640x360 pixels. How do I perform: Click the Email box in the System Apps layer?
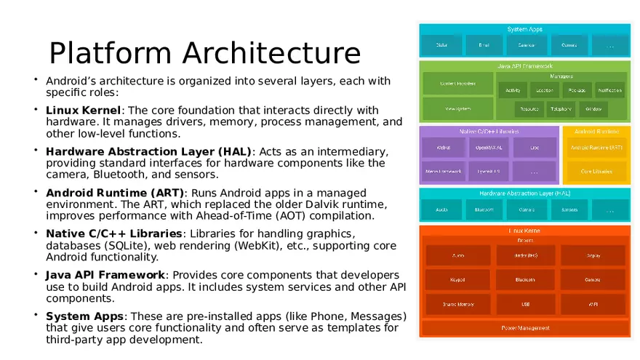tap(484, 45)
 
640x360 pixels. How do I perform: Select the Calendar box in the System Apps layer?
tap(526, 45)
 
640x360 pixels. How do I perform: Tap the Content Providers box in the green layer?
tap(457, 83)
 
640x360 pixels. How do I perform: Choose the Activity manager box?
tap(513, 91)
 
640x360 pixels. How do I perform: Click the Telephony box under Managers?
tap(560, 109)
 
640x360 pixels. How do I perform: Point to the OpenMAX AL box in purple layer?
tap(488, 148)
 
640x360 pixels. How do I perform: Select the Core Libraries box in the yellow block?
tap(596, 172)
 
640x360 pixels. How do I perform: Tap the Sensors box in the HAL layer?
tap(569, 209)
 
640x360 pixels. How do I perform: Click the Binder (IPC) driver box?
tap(525, 255)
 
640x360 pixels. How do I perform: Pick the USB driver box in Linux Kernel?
tap(525, 304)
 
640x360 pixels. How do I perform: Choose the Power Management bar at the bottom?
tap(525, 328)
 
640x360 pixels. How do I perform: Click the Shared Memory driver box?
tap(458, 304)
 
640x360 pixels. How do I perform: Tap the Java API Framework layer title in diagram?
tap(524, 66)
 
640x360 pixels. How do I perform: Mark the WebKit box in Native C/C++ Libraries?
tap(443, 148)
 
